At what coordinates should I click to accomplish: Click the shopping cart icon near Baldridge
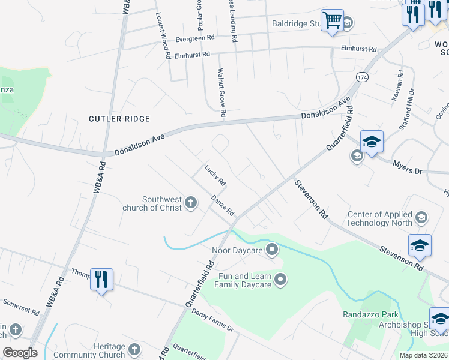point(331,20)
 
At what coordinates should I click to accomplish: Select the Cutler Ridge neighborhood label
point(119,119)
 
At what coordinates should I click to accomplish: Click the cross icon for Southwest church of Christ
point(191,203)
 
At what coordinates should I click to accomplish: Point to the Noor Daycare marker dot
point(272,249)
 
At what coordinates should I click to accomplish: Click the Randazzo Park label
point(370,314)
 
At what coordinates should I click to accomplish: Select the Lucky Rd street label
point(214,175)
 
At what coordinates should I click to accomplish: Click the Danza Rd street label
point(222,206)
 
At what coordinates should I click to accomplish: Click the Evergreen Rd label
point(195,38)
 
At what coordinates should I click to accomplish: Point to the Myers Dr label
point(408,167)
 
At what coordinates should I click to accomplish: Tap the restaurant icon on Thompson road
point(101,279)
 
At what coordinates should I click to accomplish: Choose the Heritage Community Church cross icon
point(135,350)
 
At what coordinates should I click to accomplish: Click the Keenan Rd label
point(398,85)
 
